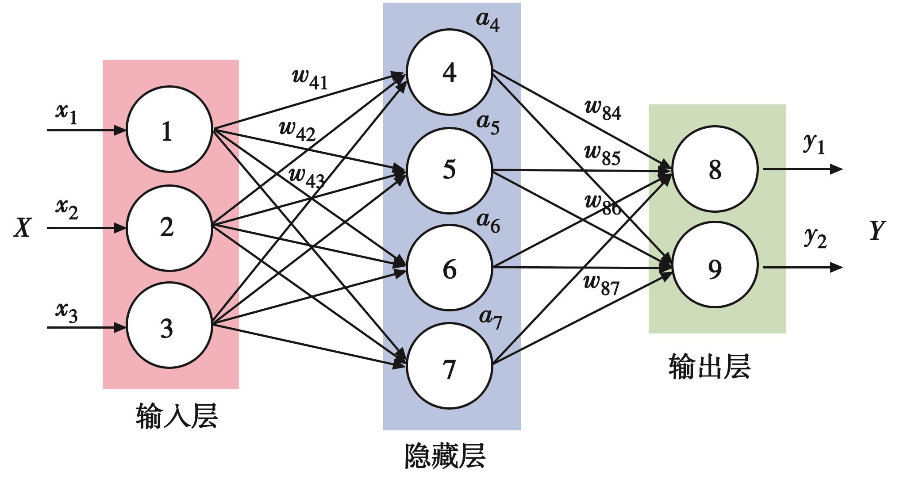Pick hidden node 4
tap(449, 72)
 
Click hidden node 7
tap(449, 366)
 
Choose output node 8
tap(715, 169)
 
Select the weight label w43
tap(306, 177)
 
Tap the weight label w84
tap(603, 110)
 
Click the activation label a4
tap(488, 21)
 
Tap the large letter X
tap(23, 228)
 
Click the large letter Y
tap(877, 230)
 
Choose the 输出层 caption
tap(709, 366)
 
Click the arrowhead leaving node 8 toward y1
tap(836, 169)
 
